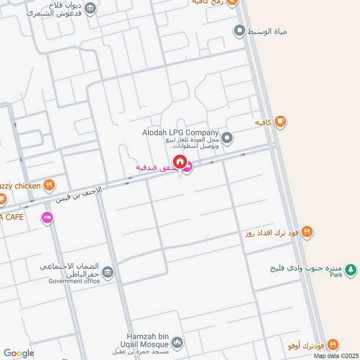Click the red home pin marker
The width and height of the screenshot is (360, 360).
[180, 162]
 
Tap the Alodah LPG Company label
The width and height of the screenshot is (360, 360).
[180, 133]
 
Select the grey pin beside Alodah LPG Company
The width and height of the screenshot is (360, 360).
[227, 138]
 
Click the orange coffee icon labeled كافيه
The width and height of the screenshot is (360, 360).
[280, 121]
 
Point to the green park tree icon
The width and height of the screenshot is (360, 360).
[351, 270]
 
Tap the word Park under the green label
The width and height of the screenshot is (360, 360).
[336, 275]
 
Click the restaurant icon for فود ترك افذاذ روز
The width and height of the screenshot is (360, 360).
[307, 232]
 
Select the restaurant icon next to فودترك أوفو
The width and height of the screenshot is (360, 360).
[333, 345]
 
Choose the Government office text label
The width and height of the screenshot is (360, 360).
[74, 281]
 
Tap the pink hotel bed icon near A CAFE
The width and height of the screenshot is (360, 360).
[47, 218]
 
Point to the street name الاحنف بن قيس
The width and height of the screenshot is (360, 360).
[79, 194]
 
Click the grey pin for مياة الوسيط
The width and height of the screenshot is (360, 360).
[239, 31]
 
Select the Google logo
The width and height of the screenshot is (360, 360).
[19, 353]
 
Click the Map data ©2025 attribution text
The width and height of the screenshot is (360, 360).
[336, 356]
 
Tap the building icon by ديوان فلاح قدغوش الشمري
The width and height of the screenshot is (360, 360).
[90, 8]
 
